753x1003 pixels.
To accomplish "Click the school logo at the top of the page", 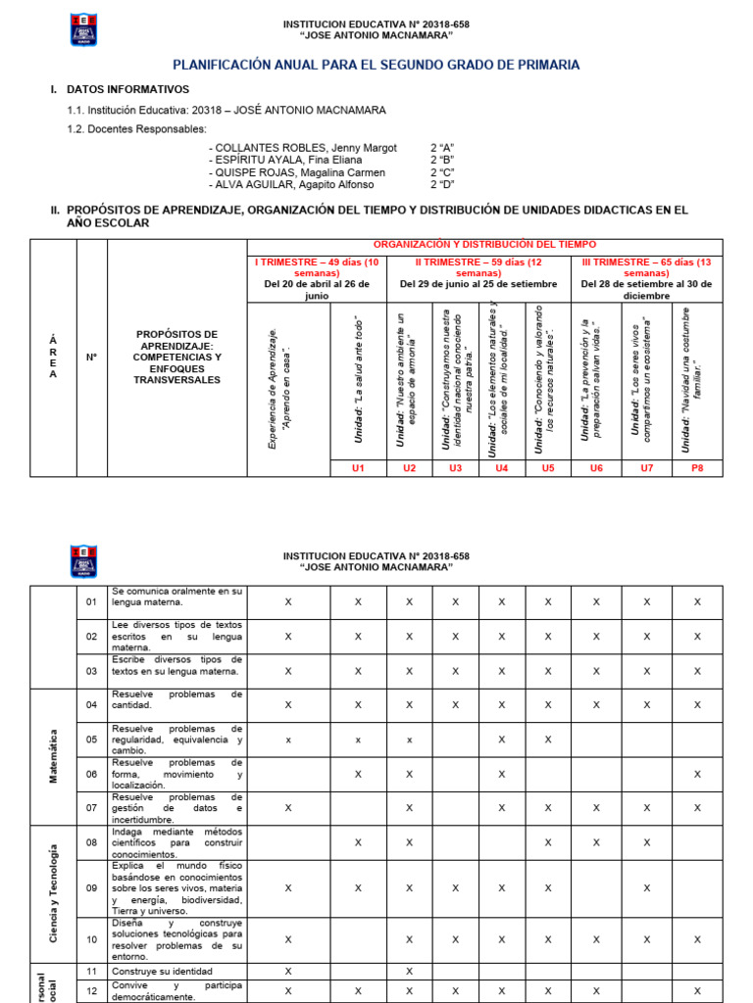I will click(x=83, y=29).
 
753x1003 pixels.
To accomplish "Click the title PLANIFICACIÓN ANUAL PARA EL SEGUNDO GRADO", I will click(x=376, y=65).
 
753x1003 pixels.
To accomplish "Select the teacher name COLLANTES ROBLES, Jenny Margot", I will click(x=303, y=147).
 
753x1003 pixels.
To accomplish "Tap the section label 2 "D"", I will click(x=445, y=185).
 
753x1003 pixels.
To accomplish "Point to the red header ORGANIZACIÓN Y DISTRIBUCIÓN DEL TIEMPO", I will click(x=484, y=244).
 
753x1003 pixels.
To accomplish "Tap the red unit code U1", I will click(x=358, y=468).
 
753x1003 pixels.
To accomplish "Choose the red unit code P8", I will click(x=697, y=468).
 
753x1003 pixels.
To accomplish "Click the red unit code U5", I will click(x=547, y=468).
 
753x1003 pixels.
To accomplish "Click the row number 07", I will click(x=91, y=807).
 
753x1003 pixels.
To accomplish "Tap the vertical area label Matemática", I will click(x=53, y=755).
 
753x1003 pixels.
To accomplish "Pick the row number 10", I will click(x=91, y=938).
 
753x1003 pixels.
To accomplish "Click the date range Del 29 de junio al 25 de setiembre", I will click(x=478, y=284).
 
